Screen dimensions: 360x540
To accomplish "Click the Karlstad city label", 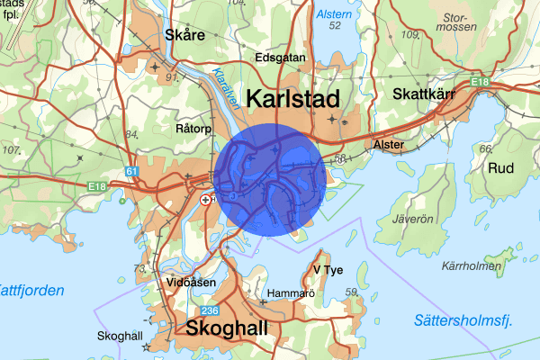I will [293, 99].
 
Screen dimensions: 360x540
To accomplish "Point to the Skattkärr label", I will [427, 94].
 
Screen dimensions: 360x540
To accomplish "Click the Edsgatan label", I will [281, 58].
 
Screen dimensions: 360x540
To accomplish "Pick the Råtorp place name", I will [193, 129].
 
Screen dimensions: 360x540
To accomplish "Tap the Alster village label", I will [389, 144].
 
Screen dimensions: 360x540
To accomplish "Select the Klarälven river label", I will [224, 87].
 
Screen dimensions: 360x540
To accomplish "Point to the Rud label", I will [501, 167].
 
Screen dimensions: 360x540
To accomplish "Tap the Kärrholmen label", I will [472, 266].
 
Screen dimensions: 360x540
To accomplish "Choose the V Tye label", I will [328, 269].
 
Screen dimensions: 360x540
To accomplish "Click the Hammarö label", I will [289, 292].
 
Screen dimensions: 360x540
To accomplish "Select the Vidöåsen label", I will [191, 282].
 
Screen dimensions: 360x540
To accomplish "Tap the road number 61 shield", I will [134, 170].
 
